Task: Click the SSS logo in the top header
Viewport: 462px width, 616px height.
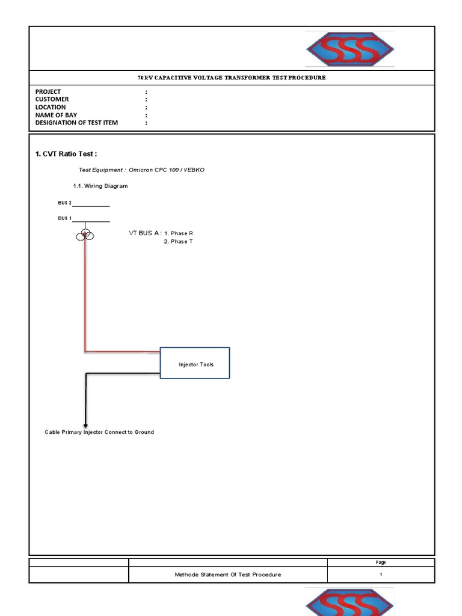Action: [350, 49]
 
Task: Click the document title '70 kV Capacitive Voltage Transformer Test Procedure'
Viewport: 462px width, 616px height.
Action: [232, 78]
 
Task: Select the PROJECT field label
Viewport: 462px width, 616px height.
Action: [48, 91]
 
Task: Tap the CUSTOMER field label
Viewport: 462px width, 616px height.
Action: [52, 99]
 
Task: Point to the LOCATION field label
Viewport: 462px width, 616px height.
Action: [51, 107]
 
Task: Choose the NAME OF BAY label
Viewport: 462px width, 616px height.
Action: [56, 115]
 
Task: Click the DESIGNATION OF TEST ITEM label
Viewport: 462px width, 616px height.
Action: [76, 123]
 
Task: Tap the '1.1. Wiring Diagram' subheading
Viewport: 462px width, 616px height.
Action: [100, 186]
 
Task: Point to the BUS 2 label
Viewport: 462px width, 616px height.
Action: [65, 203]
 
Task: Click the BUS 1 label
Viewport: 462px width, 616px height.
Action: [65, 218]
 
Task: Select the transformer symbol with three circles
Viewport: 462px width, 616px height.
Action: [85, 235]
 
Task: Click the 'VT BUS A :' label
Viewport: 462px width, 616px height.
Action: [145, 233]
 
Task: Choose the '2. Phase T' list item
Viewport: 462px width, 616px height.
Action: [178, 242]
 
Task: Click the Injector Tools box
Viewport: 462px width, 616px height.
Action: [195, 363]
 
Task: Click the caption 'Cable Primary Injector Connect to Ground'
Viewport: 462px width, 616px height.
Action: [99, 432]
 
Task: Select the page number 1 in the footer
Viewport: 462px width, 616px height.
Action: [381, 574]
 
